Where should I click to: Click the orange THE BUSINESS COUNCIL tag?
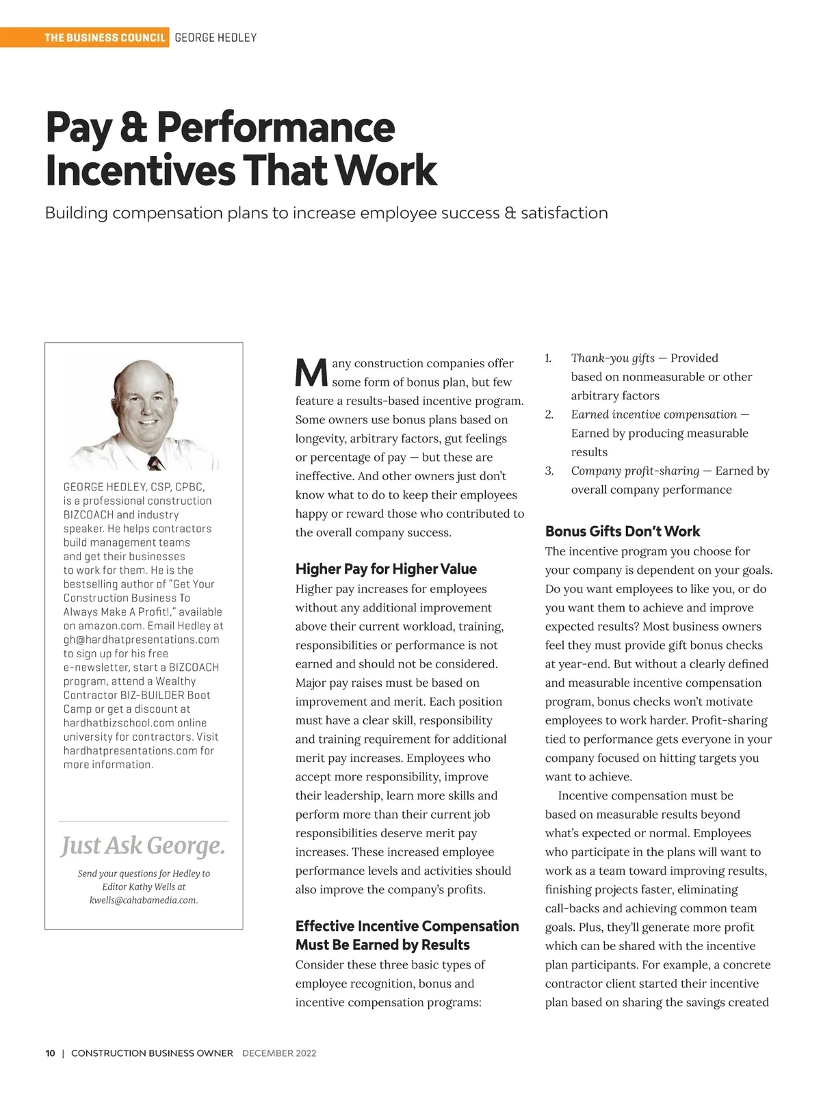tap(105, 38)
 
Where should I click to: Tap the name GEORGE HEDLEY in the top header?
tap(216, 38)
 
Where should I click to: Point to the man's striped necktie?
tap(156, 463)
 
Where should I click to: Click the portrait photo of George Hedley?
tap(144, 414)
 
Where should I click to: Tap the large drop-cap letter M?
tap(311, 372)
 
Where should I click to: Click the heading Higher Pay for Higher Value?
tap(386, 569)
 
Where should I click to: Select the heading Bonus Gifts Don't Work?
tap(623, 531)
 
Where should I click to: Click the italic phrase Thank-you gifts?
tap(612, 358)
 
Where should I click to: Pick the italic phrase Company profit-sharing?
tap(635, 471)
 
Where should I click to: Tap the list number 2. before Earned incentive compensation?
tap(549, 414)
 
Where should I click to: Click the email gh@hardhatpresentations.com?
tap(142, 640)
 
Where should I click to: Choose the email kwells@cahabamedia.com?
tap(144, 900)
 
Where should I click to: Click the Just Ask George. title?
tap(143, 846)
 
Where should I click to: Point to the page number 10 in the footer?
tap(51, 1053)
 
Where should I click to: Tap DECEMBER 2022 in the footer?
tap(279, 1053)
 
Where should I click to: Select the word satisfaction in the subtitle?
tap(564, 213)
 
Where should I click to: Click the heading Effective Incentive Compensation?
tap(407, 926)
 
